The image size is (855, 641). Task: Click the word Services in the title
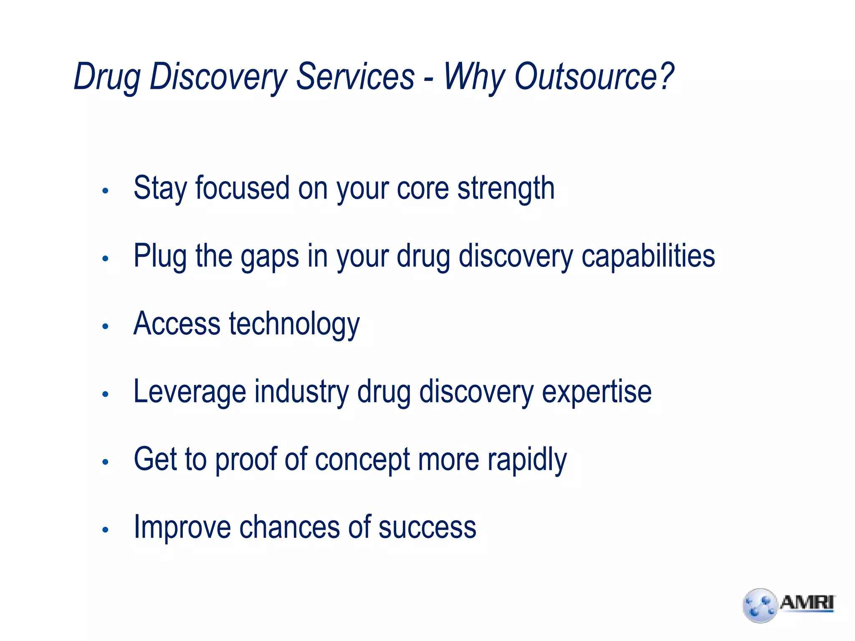click(355, 76)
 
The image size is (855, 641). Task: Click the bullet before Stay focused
click(105, 191)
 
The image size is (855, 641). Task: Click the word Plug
click(160, 256)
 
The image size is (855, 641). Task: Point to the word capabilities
click(648, 255)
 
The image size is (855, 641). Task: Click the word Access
click(177, 323)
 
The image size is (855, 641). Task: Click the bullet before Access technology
click(105, 326)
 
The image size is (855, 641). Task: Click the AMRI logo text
click(807, 603)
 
